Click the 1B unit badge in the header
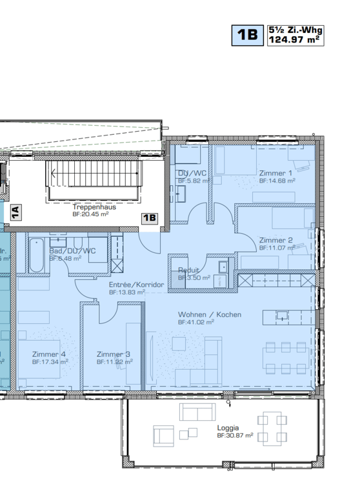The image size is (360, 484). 247,35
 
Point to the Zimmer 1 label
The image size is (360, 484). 275,173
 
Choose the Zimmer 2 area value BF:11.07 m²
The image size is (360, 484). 277,248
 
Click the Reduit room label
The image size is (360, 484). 188,270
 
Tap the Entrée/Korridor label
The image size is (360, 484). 137,285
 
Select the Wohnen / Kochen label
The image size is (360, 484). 210,314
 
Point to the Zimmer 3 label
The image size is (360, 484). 114,354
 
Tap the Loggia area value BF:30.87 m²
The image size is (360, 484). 234,436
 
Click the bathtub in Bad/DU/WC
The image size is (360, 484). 35,255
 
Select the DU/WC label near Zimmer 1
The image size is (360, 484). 192,173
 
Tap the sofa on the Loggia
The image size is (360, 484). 198,412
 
